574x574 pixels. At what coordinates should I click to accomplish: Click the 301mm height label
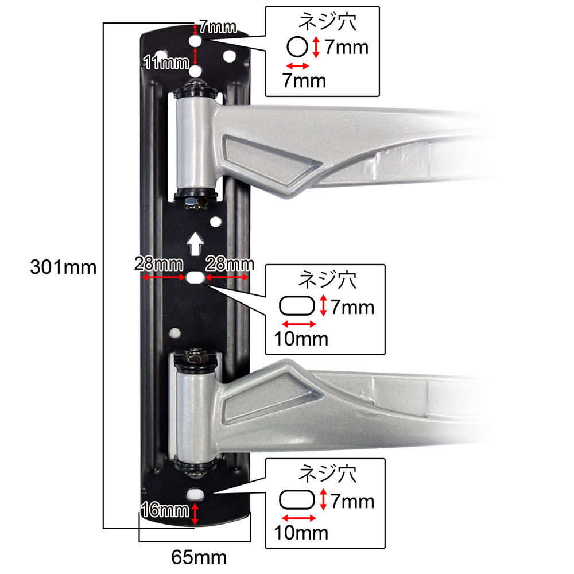(63, 267)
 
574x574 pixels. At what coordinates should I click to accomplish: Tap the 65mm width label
(199, 557)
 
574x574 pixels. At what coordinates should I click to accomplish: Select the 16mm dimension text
(165, 510)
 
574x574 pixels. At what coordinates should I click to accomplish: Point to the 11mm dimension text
(166, 62)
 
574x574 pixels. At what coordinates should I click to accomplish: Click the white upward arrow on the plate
(195, 243)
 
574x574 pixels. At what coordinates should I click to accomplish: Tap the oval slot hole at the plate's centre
(195, 277)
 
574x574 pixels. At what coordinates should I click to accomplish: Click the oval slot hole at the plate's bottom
(195, 494)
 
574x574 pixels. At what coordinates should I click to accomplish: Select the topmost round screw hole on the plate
(195, 41)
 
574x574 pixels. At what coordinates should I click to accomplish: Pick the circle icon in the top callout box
(297, 47)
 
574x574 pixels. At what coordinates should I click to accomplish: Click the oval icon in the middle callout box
(297, 306)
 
